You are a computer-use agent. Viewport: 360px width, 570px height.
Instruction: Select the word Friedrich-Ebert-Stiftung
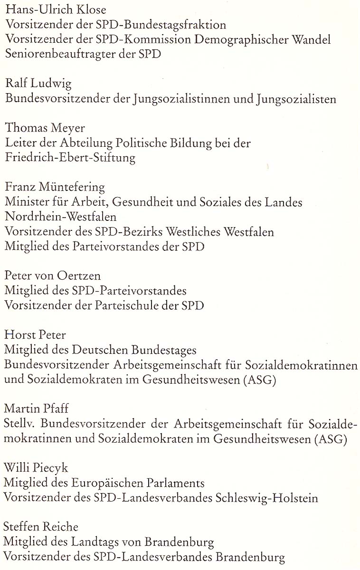[x=70, y=158]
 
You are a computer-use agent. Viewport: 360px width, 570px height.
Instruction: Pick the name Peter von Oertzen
[x=52, y=276]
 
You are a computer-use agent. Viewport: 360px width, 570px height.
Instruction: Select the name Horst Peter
[x=35, y=335]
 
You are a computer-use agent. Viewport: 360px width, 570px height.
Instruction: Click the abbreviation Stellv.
[x=18, y=424]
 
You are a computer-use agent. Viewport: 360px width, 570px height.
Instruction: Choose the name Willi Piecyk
[x=36, y=468]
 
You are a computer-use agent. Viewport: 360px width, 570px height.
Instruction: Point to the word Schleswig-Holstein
[x=266, y=498]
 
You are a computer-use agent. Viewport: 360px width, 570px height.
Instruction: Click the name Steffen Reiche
[x=41, y=527]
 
